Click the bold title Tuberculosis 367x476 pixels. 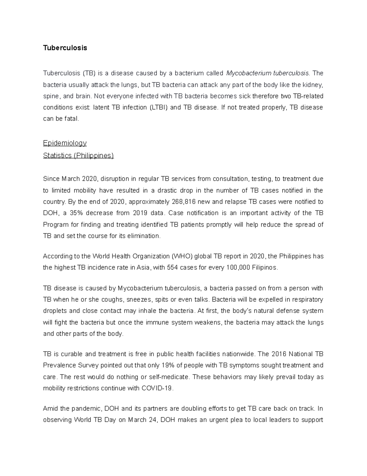pyautogui.click(x=65, y=48)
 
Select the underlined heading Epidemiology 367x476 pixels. pyautogui.click(x=65, y=143)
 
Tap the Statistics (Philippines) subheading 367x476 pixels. pyautogui.click(x=78, y=155)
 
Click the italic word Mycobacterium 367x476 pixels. pyautogui.click(x=249, y=73)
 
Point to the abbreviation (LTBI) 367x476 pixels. pyautogui.click(x=158, y=108)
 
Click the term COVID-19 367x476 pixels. pyautogui.click(x=157, y=388)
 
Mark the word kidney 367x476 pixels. pyautogui.click(x=313, y=85)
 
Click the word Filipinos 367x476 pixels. pyautogui.click(x=265, y=268)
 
